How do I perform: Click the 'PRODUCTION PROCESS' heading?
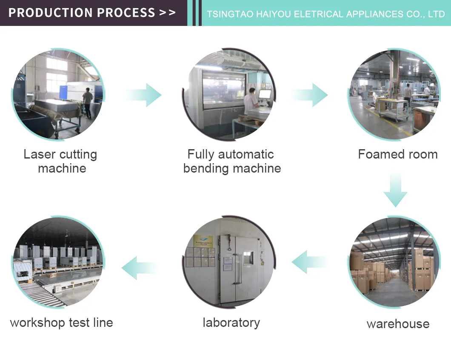(82, 13)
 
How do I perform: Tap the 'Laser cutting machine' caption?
(60, 161)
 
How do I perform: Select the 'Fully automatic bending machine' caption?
(232, 161)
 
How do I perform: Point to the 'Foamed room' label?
(398, 154)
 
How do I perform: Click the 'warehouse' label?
(398, 324)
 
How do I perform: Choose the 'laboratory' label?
(231, 323)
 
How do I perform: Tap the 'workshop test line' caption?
(62, 323)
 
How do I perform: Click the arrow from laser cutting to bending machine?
(143, 95)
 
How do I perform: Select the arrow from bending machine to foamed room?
(309, 95)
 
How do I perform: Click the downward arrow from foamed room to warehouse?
(396, 190)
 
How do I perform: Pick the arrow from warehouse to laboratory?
(309, 262)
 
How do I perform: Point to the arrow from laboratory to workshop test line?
(140, 268)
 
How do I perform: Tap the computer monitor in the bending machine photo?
(265, 94)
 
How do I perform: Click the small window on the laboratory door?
(248, 258)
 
